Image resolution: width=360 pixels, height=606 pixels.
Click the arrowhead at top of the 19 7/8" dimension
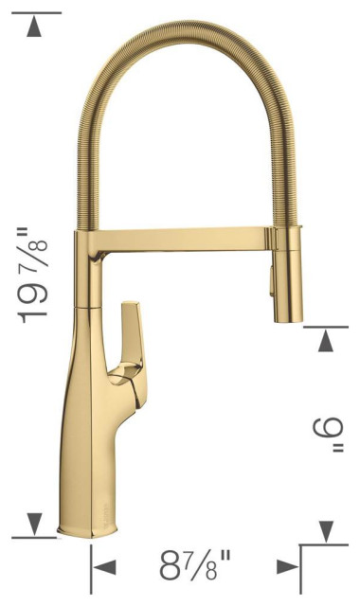[36, 27]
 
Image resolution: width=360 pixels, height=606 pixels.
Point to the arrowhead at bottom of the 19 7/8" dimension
[36, 523]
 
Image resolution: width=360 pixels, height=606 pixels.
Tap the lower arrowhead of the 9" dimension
[327, 531]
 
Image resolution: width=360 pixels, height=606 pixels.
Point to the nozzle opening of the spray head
[286, 320]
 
